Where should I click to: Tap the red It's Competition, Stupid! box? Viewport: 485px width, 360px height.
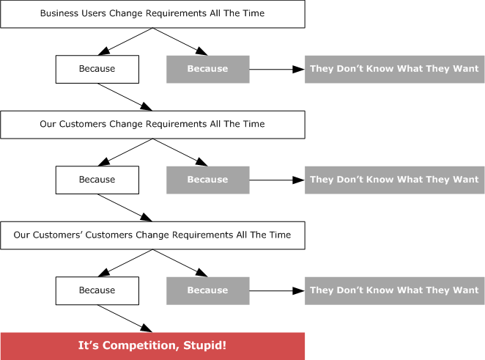point(152,346)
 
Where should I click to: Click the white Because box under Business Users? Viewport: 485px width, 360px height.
point(97,69)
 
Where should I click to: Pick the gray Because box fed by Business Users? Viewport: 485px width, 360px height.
point(208,69)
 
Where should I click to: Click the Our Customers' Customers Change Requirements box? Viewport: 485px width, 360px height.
point(152,235)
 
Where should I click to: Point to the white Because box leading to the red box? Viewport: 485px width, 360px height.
point(97,290)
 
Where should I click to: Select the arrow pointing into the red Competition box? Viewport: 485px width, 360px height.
point(125,318)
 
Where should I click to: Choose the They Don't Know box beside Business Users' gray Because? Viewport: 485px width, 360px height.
point(394,69)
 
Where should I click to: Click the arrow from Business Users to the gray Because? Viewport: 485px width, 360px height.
point(180,42)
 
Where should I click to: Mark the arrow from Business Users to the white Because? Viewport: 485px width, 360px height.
point(125,42)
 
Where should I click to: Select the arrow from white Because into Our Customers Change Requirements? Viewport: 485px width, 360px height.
point(125,97)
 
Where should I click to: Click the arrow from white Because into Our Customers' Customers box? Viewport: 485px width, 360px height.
point(125,207)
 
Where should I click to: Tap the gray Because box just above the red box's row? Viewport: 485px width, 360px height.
point(208,290)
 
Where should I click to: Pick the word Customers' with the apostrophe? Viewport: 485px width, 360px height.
point(58,235)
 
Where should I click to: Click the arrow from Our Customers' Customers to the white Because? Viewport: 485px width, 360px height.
point(125,263)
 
